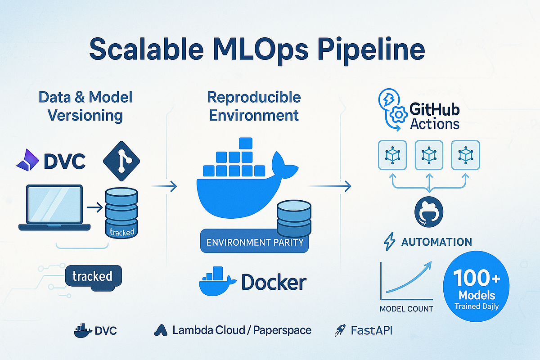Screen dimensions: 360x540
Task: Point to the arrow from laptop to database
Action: click(x=93, y=207)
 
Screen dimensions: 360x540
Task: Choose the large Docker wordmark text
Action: click(x=274, y=282)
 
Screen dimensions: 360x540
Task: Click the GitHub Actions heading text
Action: click(x=434, y=117)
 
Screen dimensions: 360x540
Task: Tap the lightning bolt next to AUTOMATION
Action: click(x=388, y=242)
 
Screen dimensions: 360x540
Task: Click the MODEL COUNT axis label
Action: click(x=406, y=309)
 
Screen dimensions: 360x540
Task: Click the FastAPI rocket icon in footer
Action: click(x=340, y=331)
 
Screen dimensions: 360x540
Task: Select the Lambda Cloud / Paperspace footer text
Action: click(x=242, y=330)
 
